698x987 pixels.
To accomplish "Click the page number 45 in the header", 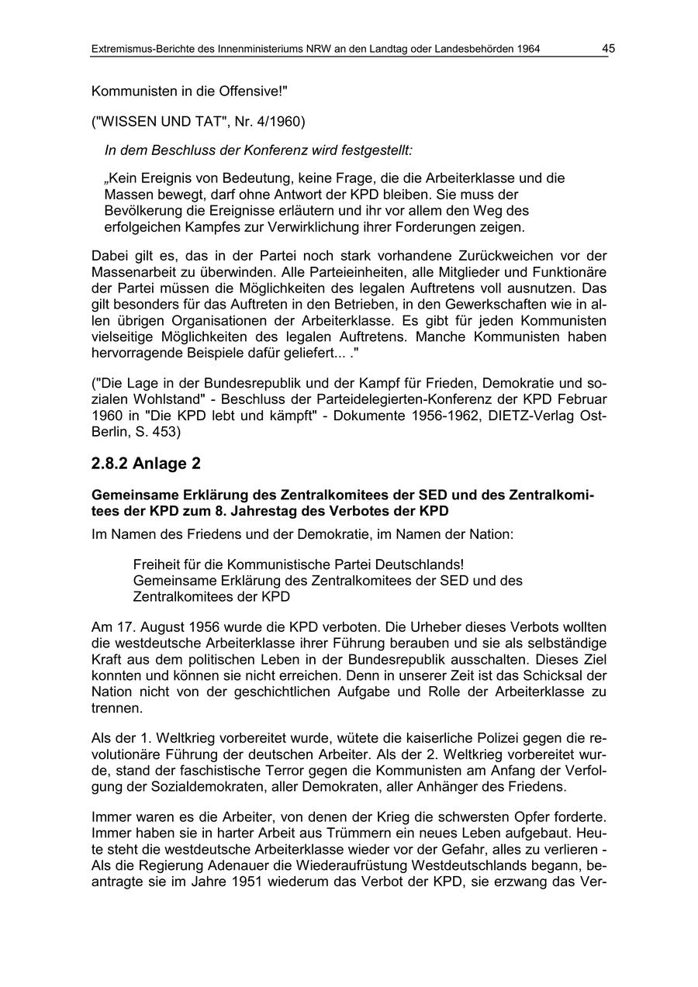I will [x=608, y=49].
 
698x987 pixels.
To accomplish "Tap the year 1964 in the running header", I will [x=526, y=50].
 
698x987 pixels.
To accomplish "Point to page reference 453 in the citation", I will [x=164, y=431].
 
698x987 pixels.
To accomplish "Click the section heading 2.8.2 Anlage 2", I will [x=146, y=464].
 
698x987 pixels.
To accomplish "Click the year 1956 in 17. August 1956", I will [x=203, y=626].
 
